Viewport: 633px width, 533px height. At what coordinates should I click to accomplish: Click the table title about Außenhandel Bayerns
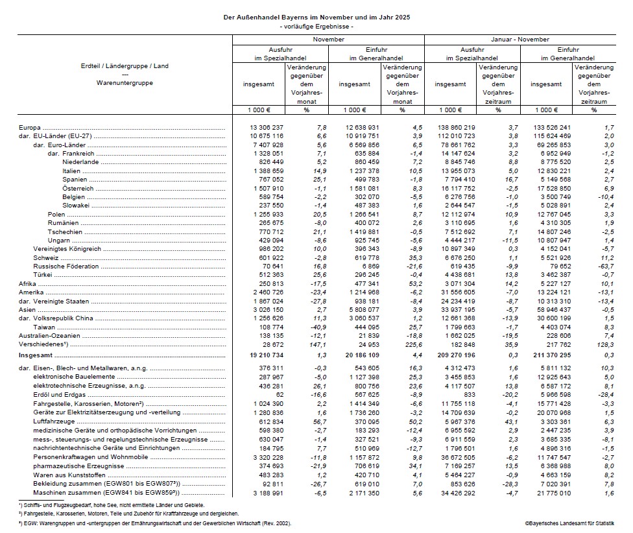[x=316, y=17]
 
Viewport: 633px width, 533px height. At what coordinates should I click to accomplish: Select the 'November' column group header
[x=328, y=40]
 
